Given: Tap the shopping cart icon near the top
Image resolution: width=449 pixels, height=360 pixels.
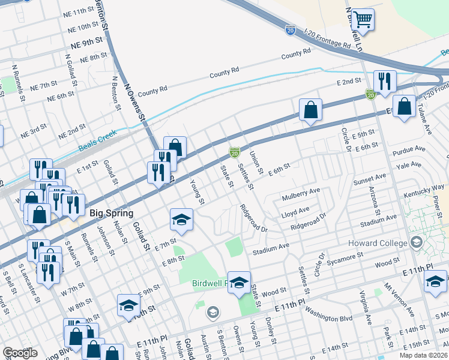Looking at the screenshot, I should coord(363,20).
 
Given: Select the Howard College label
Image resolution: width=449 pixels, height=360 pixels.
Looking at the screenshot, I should coord(376,243).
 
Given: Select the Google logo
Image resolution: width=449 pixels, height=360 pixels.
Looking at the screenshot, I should coord(20,353).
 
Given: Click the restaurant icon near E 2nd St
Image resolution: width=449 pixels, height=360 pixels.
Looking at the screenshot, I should coord(383,80).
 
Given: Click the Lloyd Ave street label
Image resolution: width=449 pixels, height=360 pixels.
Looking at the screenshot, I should coord(295,211).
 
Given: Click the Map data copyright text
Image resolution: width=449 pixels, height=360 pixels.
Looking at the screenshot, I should coord(424,355).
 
